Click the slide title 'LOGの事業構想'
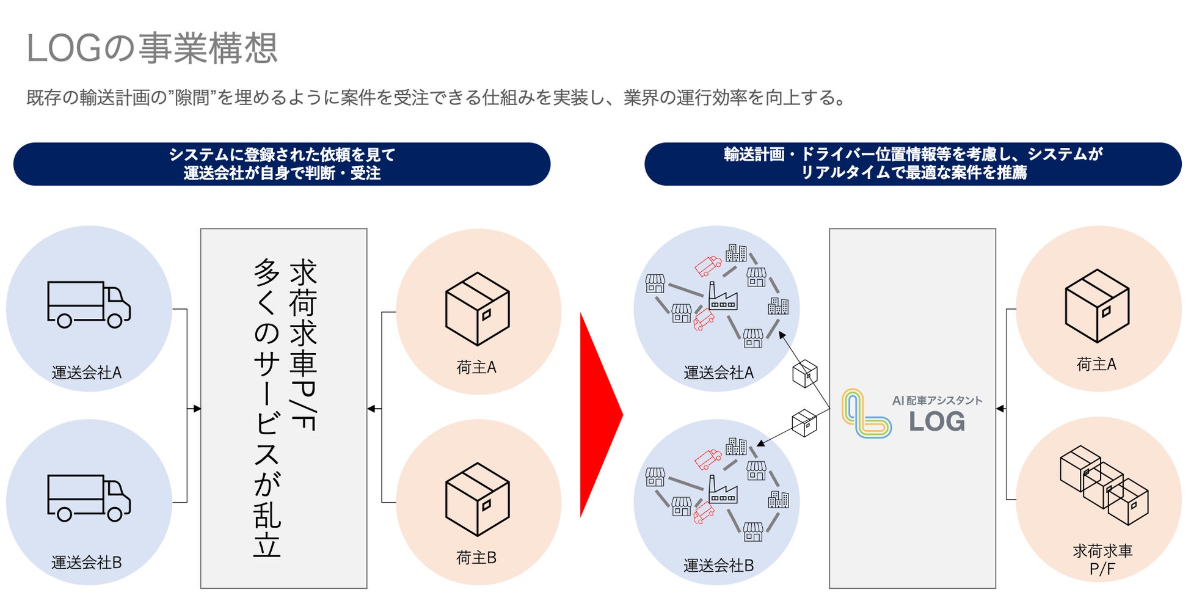(x=152, y=48)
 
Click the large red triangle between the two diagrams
(x=599, y=415)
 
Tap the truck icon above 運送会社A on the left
(x=89, y=304)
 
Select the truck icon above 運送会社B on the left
(x=89, y=498)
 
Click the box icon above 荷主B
(x=477, y=499)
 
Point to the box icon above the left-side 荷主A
(x=477, y=308)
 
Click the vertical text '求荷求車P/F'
(x=303, y=345)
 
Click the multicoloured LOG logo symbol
(x=865, y=414)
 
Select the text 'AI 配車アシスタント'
(x=937, y=401)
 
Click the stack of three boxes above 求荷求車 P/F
(x=1104, y=485)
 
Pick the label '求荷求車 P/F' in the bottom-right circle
(x=1102, y=560)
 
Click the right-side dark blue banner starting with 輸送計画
(x=913, y=164)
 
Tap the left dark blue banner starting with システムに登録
(x=282, y=164)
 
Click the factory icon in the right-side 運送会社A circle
(x=722, y=297)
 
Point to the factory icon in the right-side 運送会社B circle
(x=722, y=490)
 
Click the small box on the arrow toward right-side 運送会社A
(x=804, y=373)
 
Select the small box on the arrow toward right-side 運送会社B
(x=804, y=423)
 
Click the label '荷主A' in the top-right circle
(x=1096, y=365)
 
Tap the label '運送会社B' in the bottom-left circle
(x=87, y=563)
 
